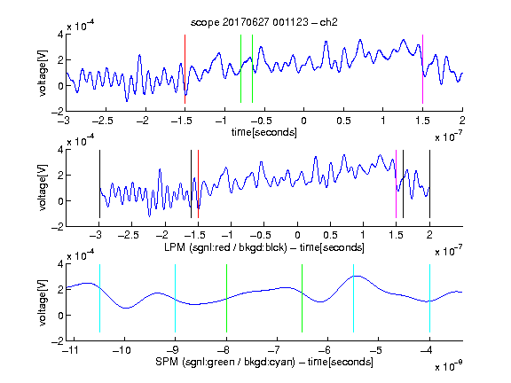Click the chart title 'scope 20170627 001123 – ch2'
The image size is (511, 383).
click(x=264, y=22)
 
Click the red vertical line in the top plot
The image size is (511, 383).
click(x=185, y=69)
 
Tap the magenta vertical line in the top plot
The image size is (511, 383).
click(x=422, y=69)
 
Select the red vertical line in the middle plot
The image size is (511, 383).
click(x=198, y=184)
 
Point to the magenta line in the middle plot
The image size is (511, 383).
click(x=396, y=184)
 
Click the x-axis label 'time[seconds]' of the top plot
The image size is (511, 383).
click(x=264, y=132)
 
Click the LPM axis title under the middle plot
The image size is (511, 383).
click(x=264, y=247)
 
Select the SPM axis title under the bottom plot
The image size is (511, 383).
click(x=264, y=362)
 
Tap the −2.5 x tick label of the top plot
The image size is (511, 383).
click(x=103, y=121)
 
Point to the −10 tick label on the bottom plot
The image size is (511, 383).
click(x=122, y=350)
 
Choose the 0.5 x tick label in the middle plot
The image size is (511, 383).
click(x=330, y=235)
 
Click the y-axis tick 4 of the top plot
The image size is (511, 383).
click(x=60, y=35)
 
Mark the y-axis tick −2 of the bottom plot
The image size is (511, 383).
click(x=58, y=341)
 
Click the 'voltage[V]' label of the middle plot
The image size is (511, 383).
click(x=43, y=188)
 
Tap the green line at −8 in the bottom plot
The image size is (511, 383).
click(x=226, y=298)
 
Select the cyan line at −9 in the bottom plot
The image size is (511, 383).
click(x=176, y=298)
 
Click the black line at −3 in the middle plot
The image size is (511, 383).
click(x=99, y=184)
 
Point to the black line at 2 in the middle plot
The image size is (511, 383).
click(x=429, y=184)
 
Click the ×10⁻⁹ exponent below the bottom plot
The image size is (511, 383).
click(x=449, y=366)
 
